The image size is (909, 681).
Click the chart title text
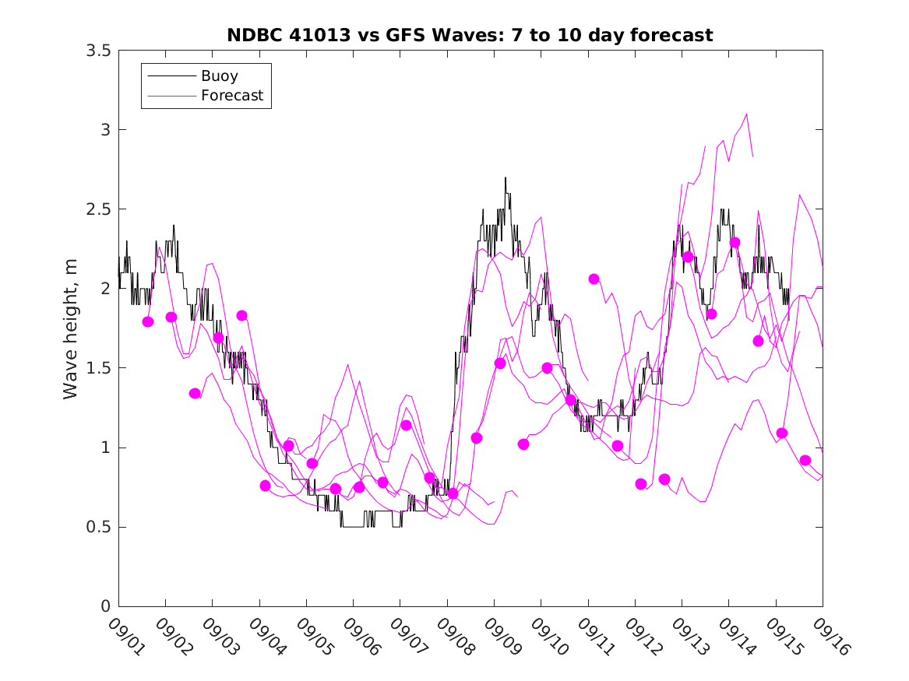pos(470,36)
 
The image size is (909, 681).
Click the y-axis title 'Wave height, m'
pos(71,328)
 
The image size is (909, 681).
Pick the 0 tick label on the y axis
pos(104,606)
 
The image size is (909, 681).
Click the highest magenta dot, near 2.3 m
pos(735,243)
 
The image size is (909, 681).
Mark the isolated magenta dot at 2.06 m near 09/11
pos(594,279)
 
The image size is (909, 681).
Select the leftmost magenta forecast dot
pos(148,321)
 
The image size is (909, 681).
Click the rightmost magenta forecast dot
pos(805,461)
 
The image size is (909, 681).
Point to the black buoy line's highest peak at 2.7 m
pos(506,178)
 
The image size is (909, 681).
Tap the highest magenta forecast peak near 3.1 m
pos(747,114)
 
